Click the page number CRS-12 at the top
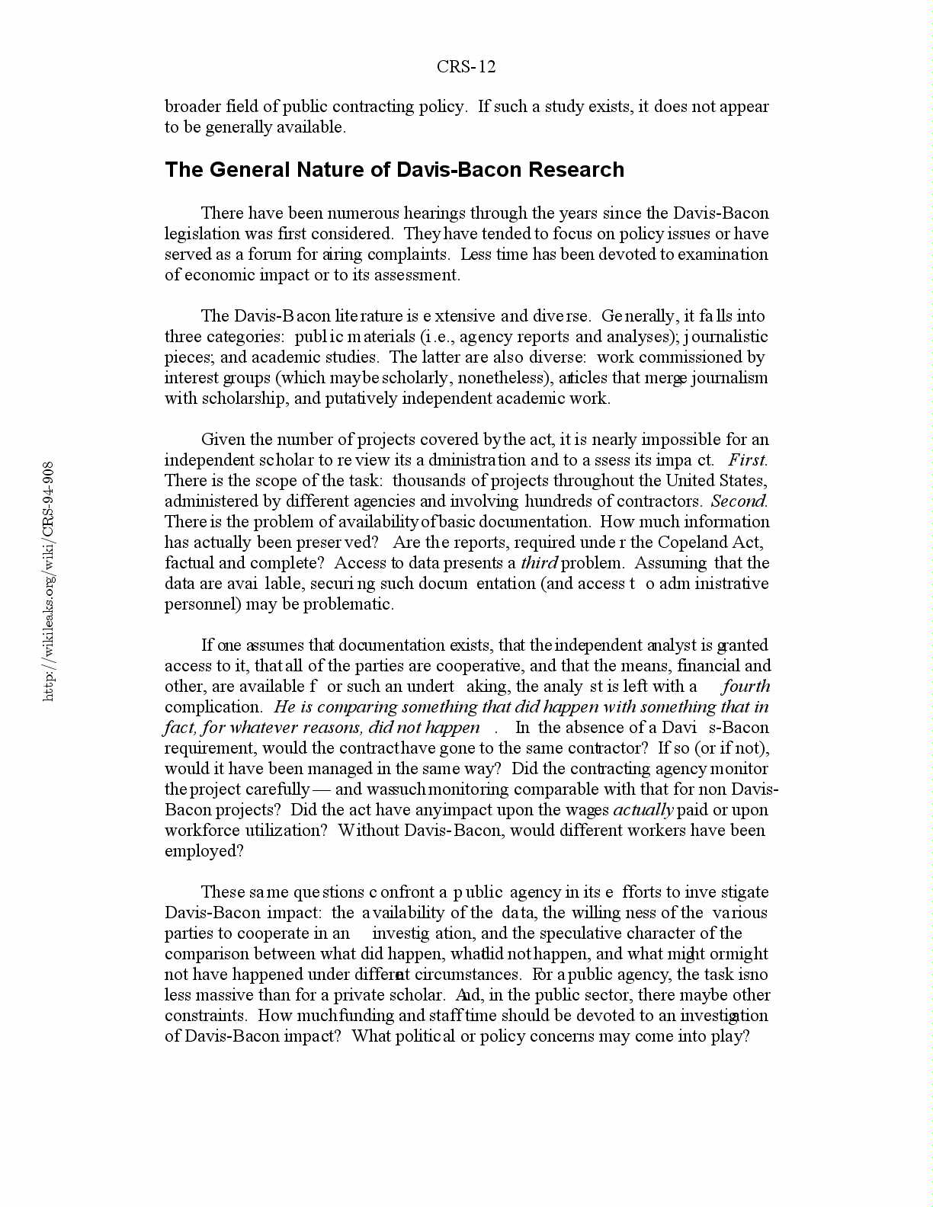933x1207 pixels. [466, 67]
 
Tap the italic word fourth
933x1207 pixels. [746, 687]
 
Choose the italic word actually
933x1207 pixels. [643, 810]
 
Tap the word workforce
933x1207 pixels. [202, 831]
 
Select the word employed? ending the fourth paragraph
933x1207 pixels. [204, 851]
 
